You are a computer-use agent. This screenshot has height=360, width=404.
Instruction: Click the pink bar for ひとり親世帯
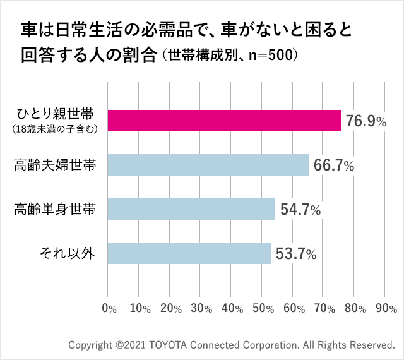[224, 120]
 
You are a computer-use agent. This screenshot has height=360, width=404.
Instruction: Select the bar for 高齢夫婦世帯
[208, 165]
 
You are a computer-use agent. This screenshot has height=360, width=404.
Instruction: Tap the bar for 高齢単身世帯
[191, 209]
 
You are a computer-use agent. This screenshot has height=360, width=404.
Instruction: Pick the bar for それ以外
[189, 253]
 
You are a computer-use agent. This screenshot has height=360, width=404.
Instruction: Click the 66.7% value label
[333, 166]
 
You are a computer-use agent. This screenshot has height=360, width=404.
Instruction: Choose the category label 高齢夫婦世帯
[55, 165]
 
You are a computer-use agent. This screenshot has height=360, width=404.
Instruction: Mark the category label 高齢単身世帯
[55, 210]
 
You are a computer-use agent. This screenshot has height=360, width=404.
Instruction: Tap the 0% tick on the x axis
[109, 309]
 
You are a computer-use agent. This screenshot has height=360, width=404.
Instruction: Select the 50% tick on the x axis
[263, 309]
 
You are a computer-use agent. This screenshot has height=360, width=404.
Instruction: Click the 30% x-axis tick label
[201, 309]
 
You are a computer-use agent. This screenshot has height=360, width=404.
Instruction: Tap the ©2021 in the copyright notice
[130, 345]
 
